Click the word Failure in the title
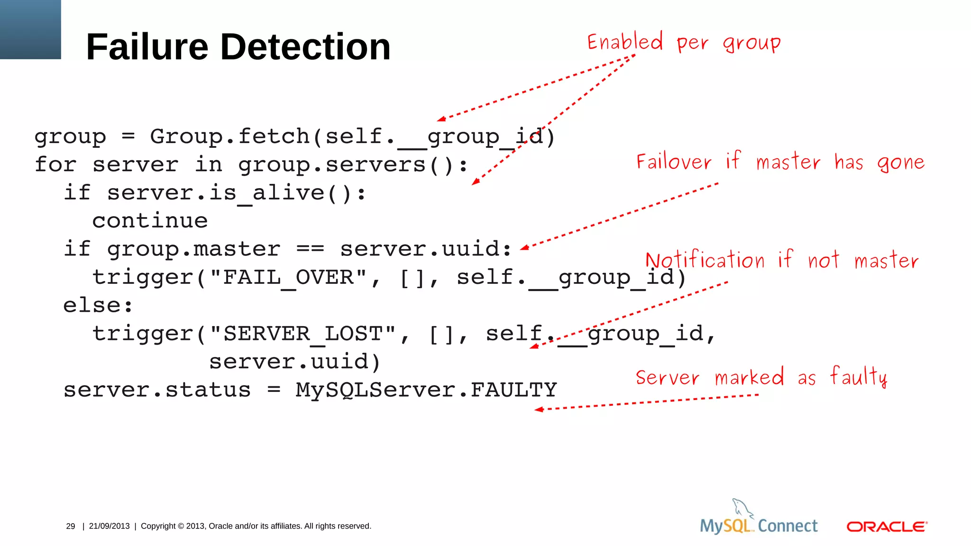tap(147, 47)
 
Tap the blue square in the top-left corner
tap(30, 29)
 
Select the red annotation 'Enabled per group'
tap(683, 43)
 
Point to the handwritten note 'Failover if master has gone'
tap(780, 162)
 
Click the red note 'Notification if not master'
tap(782, 260)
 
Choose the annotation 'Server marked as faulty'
tap(761, 377)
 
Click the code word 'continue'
tap(150, 221)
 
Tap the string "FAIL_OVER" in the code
tap(288, 277)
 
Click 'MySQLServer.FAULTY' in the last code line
tap(426, 390)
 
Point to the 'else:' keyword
tap(98, 305)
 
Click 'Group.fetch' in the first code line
tap(229, 136)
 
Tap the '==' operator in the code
tap(310, 249)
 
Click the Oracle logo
tap(887, 527)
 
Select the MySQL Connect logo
tap(759, 519)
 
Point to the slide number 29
tap(71, 526)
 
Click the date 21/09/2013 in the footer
tap(109, 526)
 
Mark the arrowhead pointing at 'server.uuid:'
tap(524, 247)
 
